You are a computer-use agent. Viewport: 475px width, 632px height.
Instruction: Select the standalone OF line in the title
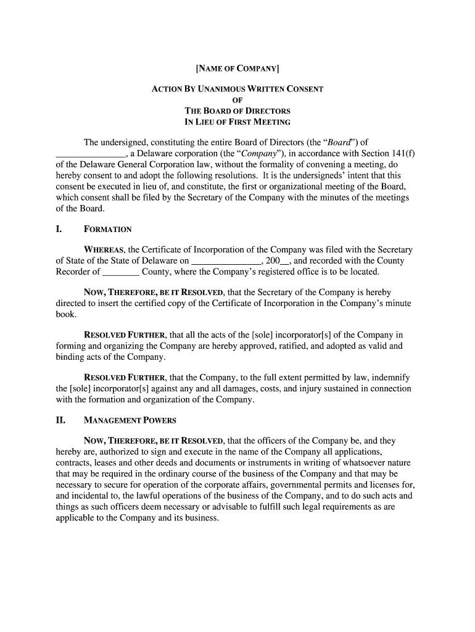[238, 100]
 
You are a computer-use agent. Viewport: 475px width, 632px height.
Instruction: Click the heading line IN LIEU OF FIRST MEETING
[238, 122]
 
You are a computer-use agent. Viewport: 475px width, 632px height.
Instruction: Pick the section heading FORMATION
[108, 230]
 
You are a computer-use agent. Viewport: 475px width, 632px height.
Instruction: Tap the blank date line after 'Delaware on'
[227, 260]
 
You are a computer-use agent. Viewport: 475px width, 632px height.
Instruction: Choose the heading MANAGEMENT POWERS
[130, 421]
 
